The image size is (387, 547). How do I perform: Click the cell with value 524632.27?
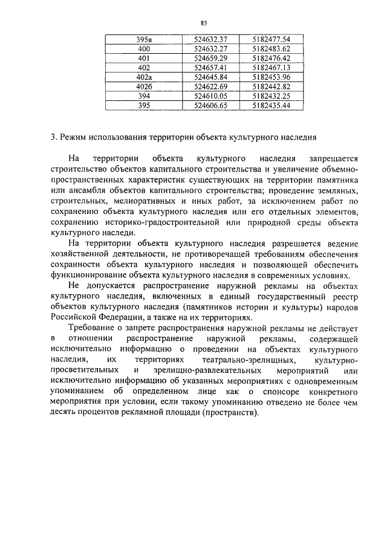tap(210, 49)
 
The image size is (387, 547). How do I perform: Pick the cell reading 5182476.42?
tap(272, 58)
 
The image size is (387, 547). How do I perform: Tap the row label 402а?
tap(144, 77)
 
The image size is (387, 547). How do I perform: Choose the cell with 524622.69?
tap(210, 86)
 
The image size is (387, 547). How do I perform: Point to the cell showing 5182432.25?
tap(272, 95)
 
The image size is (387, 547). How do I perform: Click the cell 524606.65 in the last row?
tap(210, 105)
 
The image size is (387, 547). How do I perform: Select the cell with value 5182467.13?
tap(272, 68)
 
